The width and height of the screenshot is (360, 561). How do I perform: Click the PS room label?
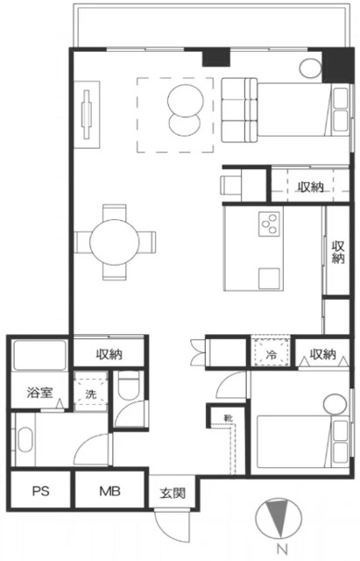click(41, 491)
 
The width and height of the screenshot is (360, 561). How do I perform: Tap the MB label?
click(109, 491)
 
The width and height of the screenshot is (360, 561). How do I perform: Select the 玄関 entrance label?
click(173, 493)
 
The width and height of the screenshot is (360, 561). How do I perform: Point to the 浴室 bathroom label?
click(39, 393)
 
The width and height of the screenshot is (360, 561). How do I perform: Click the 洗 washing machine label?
click(91, 394)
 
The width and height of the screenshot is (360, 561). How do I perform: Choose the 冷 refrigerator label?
click(272, 355)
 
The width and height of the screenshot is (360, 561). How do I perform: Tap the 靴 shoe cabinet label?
click(228, 417)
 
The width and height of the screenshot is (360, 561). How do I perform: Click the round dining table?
click(115, 242)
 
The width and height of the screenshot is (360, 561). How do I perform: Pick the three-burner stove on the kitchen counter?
click(270, 224)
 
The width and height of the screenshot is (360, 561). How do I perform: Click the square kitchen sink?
click(270, 279)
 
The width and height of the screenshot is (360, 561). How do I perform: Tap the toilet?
click(129, 386)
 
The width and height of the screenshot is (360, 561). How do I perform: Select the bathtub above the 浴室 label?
click(39, 355)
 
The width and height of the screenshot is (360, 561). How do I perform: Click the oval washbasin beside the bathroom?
click(25, 439)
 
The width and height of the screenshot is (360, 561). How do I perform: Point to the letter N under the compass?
click(282, 548)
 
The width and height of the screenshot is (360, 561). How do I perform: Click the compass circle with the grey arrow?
click(279, 517)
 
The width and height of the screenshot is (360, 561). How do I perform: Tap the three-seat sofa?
click(239, 110)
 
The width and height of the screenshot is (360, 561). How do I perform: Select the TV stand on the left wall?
click(87, 115)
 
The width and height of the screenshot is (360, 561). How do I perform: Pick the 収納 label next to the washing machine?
click(109, 354)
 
